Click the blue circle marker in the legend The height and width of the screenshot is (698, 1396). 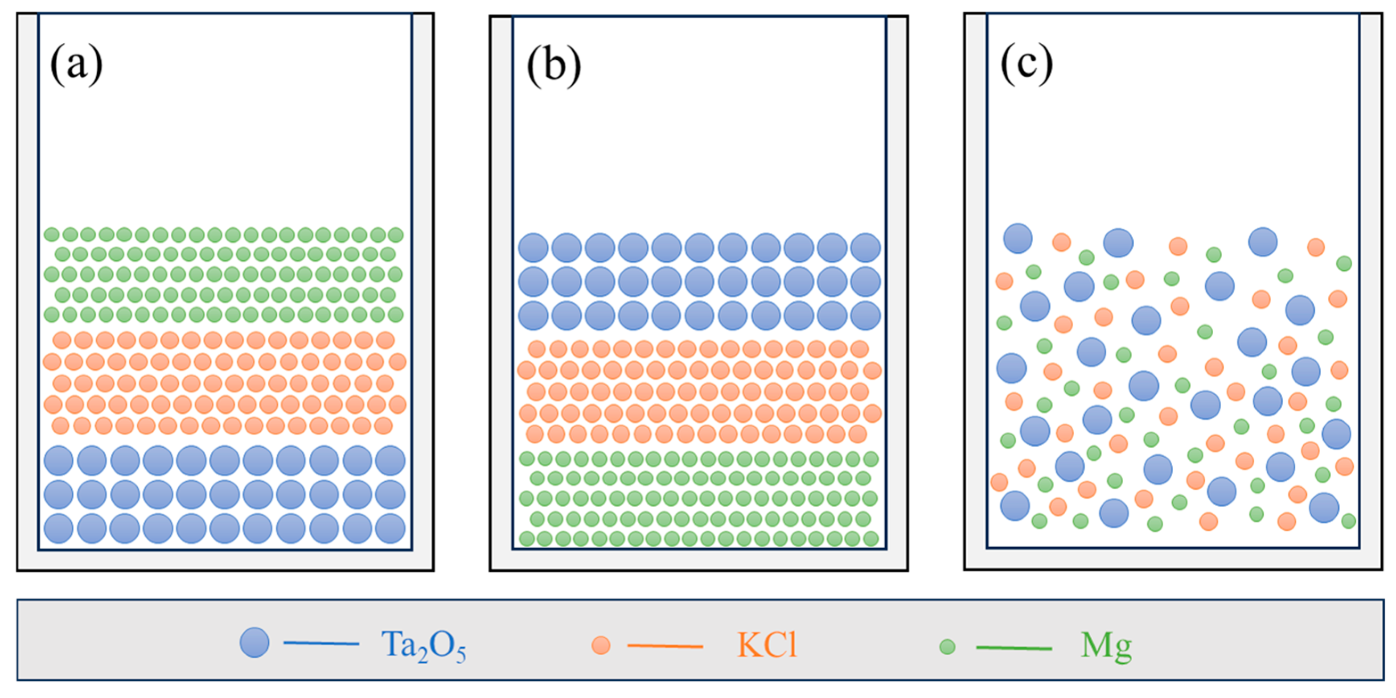pos(255,643)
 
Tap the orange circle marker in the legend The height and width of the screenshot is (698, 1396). pos(600,645)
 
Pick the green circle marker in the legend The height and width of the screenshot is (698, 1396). pos(947,646)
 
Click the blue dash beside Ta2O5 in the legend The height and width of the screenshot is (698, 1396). pos(321,644)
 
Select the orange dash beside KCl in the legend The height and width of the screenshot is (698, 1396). pos(665,646)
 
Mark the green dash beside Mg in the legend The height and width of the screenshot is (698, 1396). pos(1014,648)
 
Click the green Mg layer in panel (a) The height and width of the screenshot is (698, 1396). pos(224,274)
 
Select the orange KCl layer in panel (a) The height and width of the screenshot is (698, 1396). pos(224,383)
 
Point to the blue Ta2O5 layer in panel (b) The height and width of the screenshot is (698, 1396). pos(699,282)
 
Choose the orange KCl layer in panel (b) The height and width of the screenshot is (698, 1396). pos(699,392)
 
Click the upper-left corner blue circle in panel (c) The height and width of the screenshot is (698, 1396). pos(1018,238)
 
